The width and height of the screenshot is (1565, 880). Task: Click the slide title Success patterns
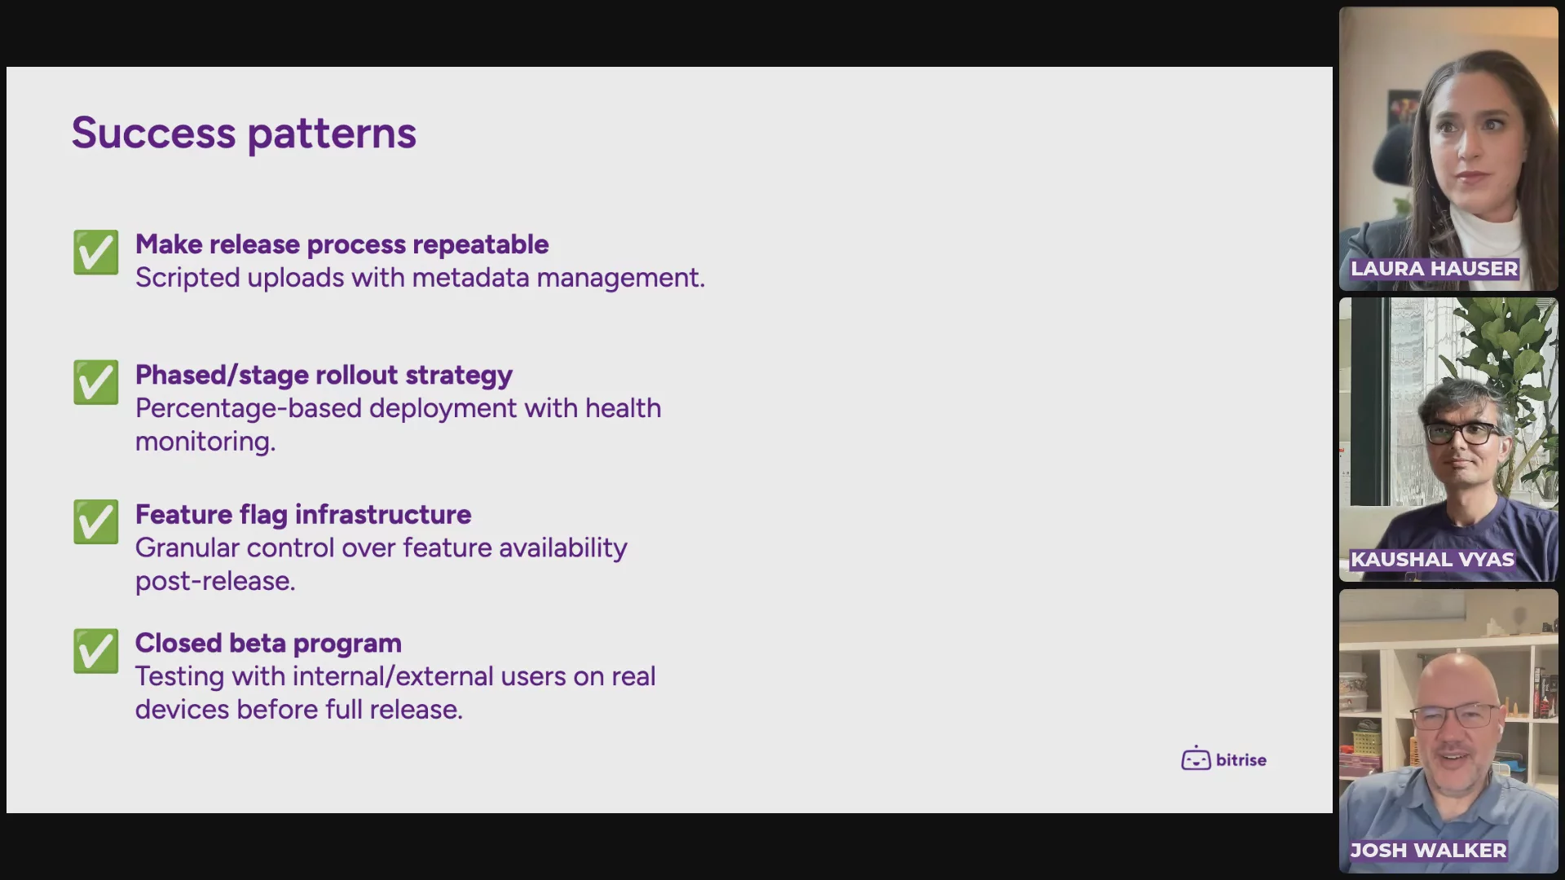click(x=244, y=133)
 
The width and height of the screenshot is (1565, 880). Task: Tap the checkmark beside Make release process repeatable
click(x=95, y=252)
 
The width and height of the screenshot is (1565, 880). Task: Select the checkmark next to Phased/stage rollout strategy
click(x=95, y=382)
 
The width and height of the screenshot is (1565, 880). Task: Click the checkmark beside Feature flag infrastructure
click(x=95, y=521)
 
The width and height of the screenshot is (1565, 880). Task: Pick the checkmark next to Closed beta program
click(x=95, y=650)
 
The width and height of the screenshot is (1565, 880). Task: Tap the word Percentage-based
click(x=249, y=408)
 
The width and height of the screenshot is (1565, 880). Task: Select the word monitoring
click(x=205, y=442)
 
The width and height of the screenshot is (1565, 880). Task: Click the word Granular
click(x=187, y=548)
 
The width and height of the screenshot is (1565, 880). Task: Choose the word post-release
click(x=215, y=582)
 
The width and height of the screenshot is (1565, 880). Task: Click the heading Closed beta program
click(x=268, y=644)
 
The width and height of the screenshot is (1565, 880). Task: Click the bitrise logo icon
click(x=1196, y=759)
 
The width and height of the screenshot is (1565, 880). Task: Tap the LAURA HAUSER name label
click(x=1434, y=268)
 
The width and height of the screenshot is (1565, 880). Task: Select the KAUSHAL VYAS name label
click(x=1432, y=559)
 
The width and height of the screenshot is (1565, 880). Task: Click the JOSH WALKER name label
click(x=1428, y=850)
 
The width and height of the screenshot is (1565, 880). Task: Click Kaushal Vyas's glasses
click(x=1463, y=432)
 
